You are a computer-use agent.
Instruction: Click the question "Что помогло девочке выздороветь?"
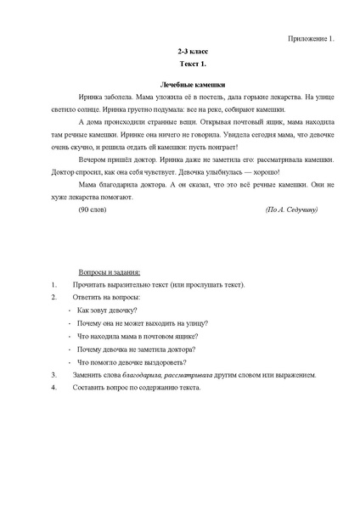(131, 361)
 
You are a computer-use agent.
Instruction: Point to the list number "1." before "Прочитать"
(54, 285)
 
